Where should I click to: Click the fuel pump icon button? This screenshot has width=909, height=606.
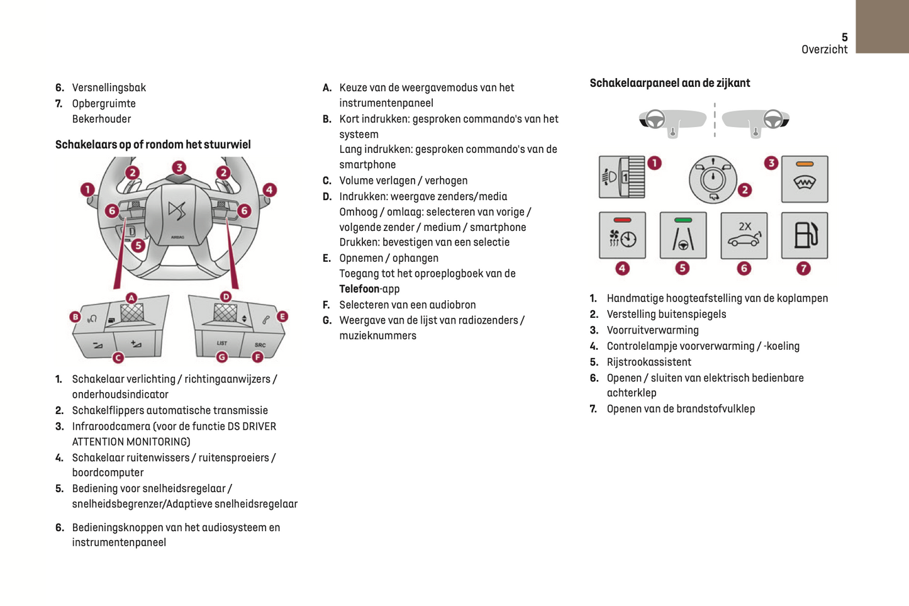click(x=804, y=236)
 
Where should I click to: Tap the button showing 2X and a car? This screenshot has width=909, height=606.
click(x=744, y=236)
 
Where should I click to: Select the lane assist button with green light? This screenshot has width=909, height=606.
click(x=683, y=236)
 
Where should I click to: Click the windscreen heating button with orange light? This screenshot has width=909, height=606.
click(x=804, y=179)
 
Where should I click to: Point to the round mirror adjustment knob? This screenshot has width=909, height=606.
click(x=712, y=179)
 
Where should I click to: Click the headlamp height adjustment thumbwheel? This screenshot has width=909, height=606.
click(x=633, y=177)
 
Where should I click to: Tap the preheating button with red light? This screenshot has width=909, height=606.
click(x=622, y=236)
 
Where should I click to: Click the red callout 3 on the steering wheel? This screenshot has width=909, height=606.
click(x=179, y=167)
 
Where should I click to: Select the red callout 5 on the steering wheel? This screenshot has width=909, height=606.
click(x=138, y=245)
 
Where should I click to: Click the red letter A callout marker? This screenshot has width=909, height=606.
click(x=131, y=298)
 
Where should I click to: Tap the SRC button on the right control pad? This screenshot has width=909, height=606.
click(x=260, y=345)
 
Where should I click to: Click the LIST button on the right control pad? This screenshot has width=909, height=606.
click(x=222, y=343)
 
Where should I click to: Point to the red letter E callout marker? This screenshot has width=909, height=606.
click(x=282, y=317)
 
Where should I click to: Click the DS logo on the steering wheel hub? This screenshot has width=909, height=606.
click(x=177, y=210)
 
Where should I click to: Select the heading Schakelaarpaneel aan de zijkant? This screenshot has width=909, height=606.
click(x=669, y=83)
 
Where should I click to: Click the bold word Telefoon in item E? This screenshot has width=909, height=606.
click(x=359, y=289)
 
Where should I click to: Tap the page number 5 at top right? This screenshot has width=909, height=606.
click(x=844, y=38)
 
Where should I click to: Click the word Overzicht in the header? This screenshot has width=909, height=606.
click(x=824, y=50)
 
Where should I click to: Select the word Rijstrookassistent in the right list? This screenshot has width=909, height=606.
click(x=649, y=362)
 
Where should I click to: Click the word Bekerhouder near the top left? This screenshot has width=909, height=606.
click(x=101, y=119)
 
